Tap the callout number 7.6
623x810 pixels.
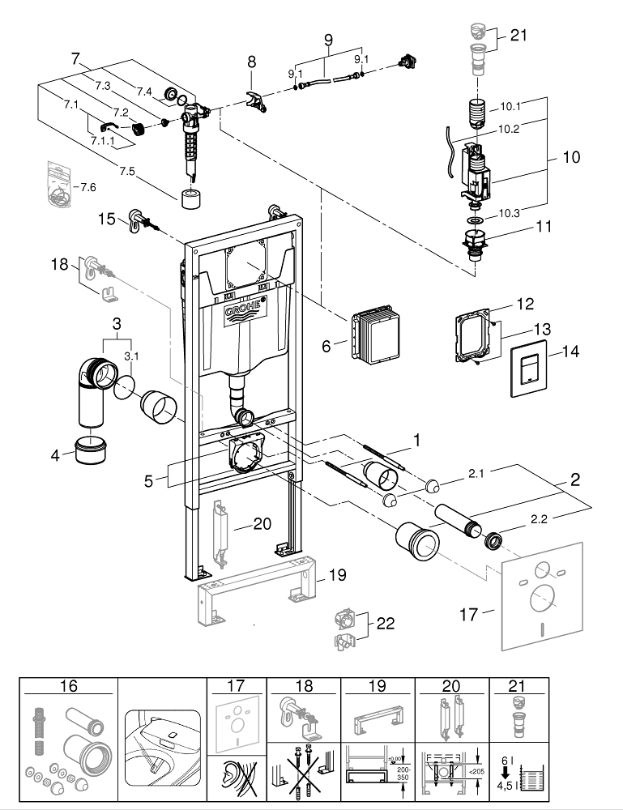(85, 187)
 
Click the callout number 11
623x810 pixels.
(544, 228)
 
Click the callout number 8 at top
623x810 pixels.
(251, 61)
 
